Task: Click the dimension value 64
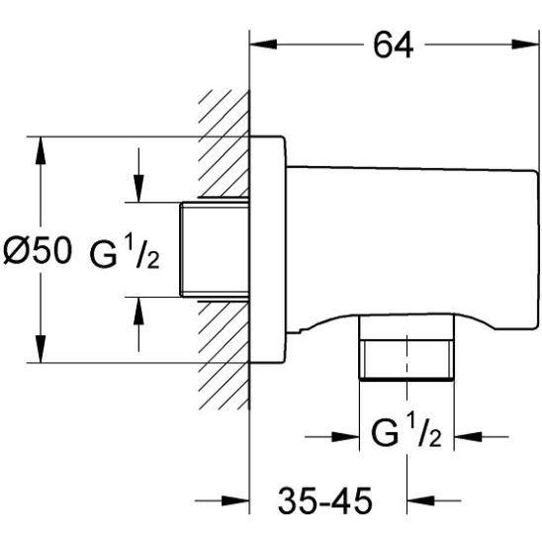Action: [394, 45]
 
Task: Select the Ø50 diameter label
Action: [37, 251]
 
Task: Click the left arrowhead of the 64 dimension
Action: [258, 45]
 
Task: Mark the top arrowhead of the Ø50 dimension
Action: [41, 145]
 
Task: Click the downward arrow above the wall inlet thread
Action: [138, 192]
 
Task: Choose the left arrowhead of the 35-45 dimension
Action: [236, 500]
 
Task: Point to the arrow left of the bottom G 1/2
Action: [345, 434]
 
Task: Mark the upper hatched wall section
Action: [223, 148]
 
